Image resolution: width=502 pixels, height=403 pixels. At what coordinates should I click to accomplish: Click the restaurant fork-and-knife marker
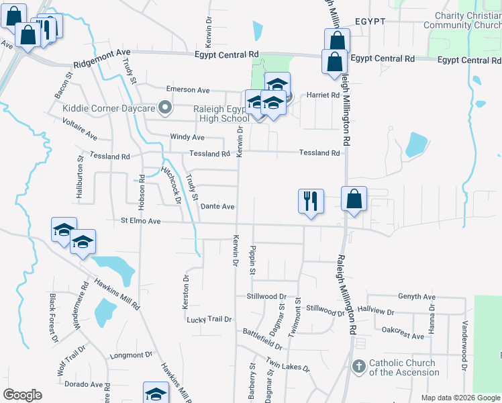(311, 200)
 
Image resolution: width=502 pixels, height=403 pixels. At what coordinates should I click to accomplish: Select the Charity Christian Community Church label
(462, 21)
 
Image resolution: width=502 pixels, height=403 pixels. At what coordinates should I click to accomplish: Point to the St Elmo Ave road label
(141, 220)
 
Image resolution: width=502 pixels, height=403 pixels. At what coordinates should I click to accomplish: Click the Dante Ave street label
(217, 207)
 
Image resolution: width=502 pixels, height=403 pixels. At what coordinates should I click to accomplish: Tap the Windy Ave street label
(187, 137)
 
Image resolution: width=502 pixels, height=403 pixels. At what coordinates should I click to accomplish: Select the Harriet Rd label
(323, 95)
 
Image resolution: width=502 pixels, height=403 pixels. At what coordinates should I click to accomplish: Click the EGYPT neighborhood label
(370, 21)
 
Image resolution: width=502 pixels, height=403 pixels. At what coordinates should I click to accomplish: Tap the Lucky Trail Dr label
(209, 320)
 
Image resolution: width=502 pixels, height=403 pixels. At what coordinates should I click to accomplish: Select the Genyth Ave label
(416, 296)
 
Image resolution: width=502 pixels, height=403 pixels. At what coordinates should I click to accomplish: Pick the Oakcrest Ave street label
(403, 333)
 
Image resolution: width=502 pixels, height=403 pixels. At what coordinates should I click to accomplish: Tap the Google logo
(22, 395)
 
